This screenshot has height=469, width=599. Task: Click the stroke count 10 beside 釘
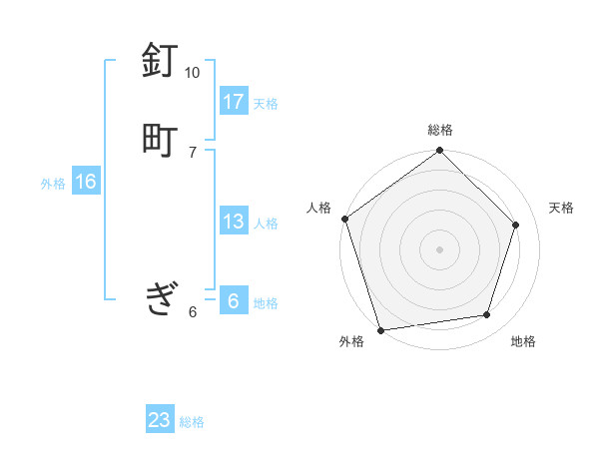[x=192, y=73]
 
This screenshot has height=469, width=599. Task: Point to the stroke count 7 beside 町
[x=193, y=151]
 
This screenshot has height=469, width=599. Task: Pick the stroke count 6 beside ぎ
[x=193, y=311]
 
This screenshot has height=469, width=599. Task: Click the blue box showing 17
[x=234, y=102]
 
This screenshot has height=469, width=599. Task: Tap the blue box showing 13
[x=234, y=222]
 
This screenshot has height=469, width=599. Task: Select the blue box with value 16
[x=86, y=183]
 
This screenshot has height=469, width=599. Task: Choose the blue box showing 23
[x=160, y=420]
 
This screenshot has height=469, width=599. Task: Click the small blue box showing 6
[x=234, y=301]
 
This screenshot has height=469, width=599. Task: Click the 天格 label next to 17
[x=266, y=104]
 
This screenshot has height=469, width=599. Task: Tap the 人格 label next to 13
[x=266, y=224]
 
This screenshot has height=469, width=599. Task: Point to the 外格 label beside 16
[x=53, y=184]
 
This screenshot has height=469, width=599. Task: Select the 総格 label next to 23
[x=192, y=422]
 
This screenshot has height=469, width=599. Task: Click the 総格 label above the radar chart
[x=440, y=130]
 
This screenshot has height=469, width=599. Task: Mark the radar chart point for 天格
[x=516, y=225]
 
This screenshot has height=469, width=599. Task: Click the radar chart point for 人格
[x=345, y=219]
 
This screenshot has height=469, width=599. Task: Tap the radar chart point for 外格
[x=380, y=328]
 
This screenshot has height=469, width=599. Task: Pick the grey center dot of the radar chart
[x=439, y=248]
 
